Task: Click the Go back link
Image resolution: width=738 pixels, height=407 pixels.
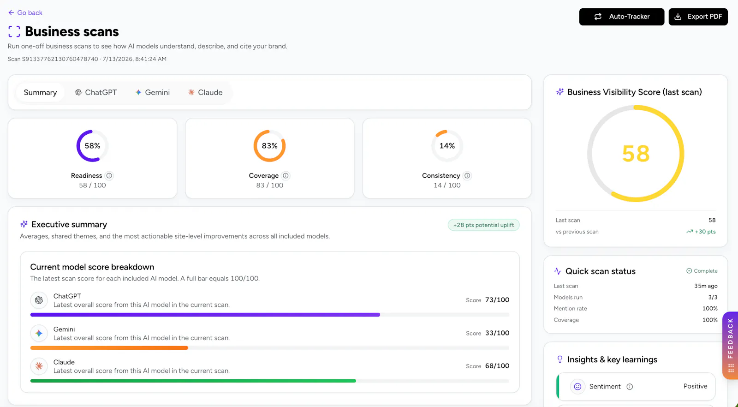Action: click(25, 12)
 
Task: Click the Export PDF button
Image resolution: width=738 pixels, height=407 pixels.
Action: click(698, 17)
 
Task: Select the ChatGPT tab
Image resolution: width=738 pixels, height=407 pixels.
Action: click(96, 92)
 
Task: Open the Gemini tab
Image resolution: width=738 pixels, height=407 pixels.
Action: click(153, 92)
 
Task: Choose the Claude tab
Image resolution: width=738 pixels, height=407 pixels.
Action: click(205, 92)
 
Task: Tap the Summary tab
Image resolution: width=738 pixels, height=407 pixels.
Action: click(40, 92)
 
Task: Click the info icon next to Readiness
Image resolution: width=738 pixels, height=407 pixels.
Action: click(109, 176)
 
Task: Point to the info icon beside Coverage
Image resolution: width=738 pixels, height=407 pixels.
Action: click(286, 176)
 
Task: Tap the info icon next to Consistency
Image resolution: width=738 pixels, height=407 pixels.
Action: click(467, 176)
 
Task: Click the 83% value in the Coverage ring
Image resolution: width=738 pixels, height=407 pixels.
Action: click(269, 146)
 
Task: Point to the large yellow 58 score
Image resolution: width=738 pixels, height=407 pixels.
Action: click(636, 154)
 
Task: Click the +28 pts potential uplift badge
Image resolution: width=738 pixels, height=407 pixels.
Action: click(483, 225)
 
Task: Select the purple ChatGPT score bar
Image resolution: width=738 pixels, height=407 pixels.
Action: click(205, 315)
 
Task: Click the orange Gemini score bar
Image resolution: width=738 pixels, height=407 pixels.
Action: click(109, 347)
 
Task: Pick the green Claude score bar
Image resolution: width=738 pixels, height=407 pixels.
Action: click(193, 381)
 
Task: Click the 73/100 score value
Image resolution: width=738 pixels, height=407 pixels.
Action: click(497, 300)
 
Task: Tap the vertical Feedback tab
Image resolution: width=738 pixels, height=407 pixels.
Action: click(730, 345)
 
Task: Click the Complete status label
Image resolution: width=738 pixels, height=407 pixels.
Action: click(702, 271)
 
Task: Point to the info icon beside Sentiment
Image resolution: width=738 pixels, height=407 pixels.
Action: click(630, 387)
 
